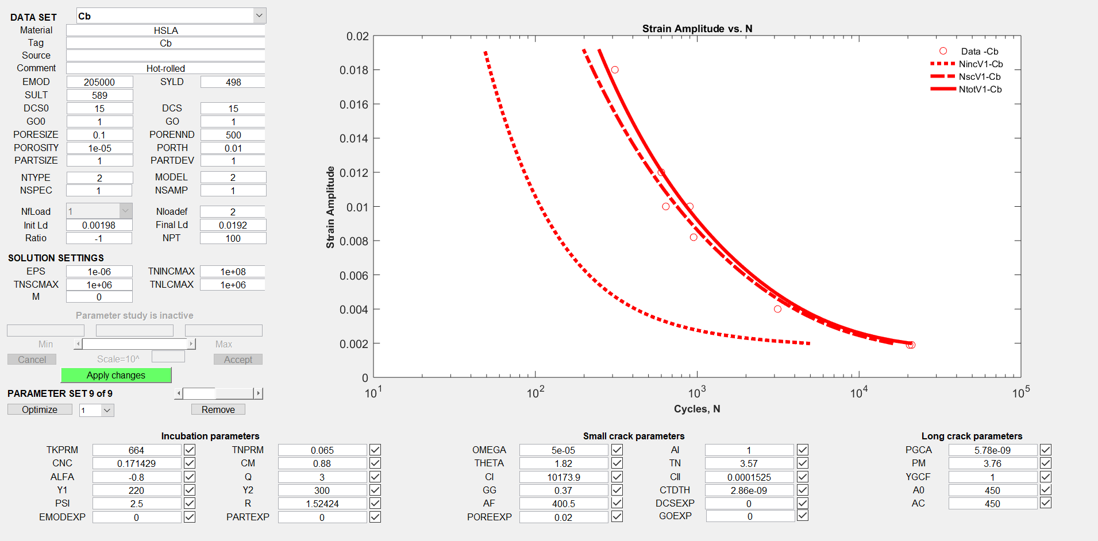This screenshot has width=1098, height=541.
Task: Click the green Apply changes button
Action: (116, 375)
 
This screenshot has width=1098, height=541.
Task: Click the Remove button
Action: (218, 409)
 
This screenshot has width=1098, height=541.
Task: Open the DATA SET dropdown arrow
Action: (259, 16)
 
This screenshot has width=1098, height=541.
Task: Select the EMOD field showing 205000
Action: (99, 82)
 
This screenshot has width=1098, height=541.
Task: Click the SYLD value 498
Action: (233, 82)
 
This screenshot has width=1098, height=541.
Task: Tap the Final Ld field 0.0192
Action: (233, 225)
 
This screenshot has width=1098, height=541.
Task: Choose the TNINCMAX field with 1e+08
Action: (233, 272)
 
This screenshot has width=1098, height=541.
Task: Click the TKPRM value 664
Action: (136, 450)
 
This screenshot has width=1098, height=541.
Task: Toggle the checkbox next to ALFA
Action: (190, 477)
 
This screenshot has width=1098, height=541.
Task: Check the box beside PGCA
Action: (1046, 450)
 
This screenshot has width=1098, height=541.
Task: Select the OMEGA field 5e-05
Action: (563, 450)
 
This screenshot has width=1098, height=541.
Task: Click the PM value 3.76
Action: (992, 463)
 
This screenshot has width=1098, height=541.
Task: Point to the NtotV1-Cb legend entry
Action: (980, 89)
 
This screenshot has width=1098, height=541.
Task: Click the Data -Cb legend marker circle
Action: (943, 51)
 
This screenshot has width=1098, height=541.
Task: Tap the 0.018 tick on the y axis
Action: (354, 70)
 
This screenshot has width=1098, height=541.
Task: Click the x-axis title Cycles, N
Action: (697, 409)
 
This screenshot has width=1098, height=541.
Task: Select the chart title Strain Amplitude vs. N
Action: (697, 29)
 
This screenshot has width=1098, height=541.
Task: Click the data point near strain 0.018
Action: (615, 70)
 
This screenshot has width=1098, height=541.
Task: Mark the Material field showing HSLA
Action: (165, 30)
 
